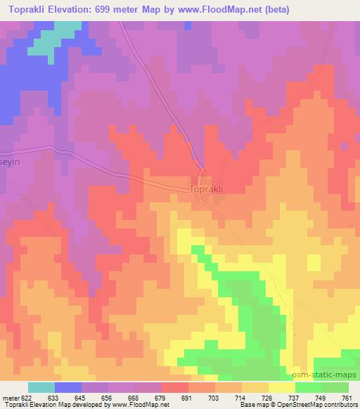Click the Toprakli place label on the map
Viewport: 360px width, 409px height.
[209, 189]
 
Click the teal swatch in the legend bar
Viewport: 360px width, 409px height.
[41, 387]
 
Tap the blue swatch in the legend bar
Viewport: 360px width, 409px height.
[69, 387]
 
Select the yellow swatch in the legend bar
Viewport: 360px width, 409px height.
[281, 387]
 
